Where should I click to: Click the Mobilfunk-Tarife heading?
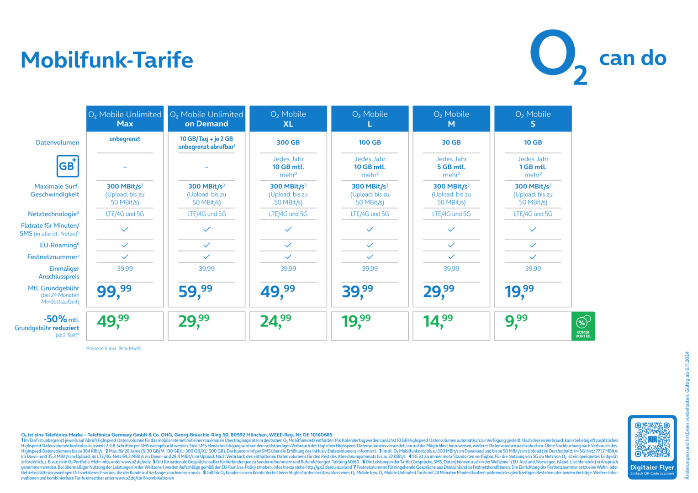107,60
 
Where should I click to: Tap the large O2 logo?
558,58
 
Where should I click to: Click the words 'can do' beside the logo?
633,58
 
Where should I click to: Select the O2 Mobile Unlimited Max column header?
125,119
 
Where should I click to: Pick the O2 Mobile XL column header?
288,119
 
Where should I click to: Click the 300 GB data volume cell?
288,142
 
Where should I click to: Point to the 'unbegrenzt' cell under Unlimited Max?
125,139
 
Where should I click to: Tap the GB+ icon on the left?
68,166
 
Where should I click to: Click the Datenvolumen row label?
58,142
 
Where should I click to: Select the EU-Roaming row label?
59,245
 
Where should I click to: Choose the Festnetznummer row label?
53,257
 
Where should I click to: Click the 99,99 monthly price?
114,291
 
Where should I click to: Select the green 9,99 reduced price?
516,321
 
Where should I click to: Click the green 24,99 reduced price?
275,321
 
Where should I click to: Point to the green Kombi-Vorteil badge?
583,326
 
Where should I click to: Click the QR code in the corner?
652,440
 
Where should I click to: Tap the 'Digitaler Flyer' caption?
652,467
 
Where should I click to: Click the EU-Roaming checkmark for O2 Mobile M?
451,245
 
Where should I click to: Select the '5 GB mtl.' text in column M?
451,167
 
